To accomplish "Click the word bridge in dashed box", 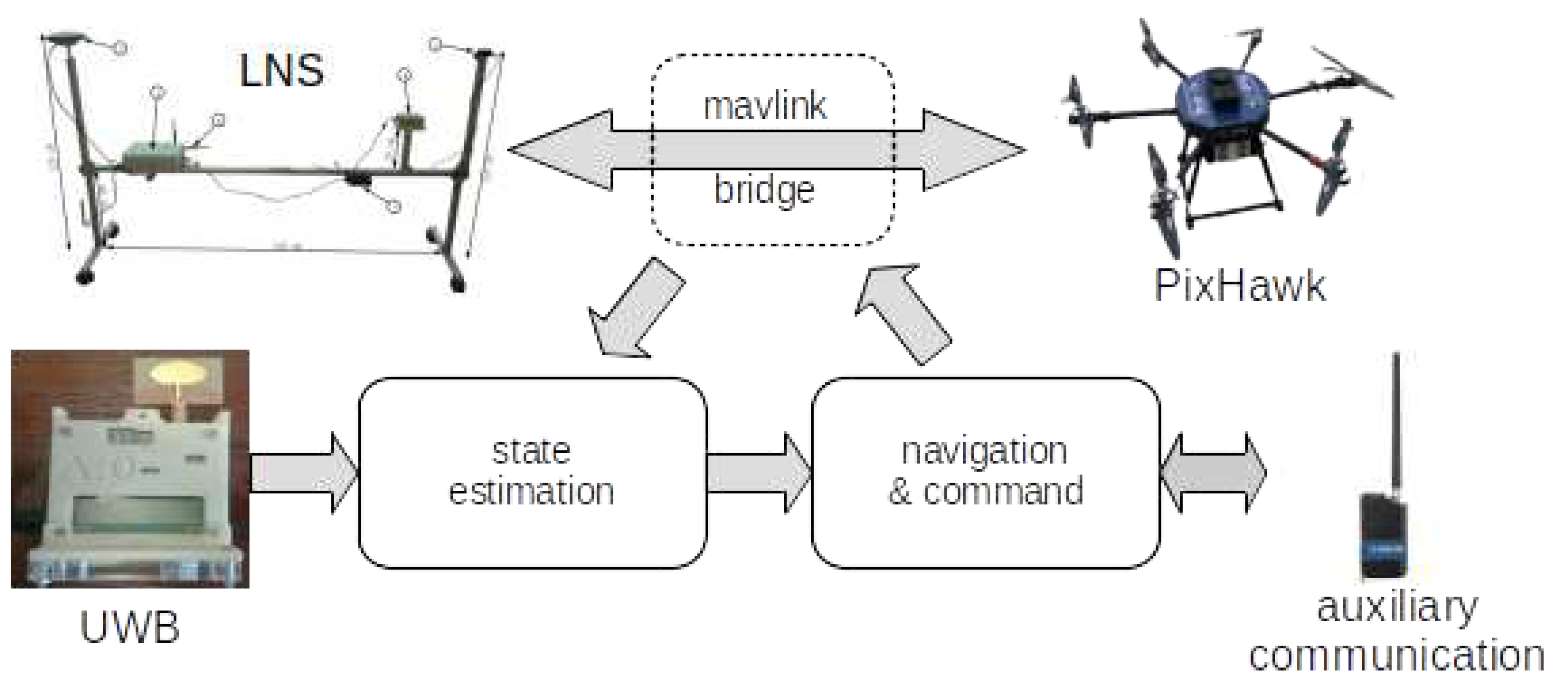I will click(x=764, y=190).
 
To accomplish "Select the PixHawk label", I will click(x=1240, y=285).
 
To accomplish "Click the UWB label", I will click(x=130, y=628).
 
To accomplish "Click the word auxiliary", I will click(x=1397, y=607).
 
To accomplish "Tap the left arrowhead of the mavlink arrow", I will click(x=560, y=150).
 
